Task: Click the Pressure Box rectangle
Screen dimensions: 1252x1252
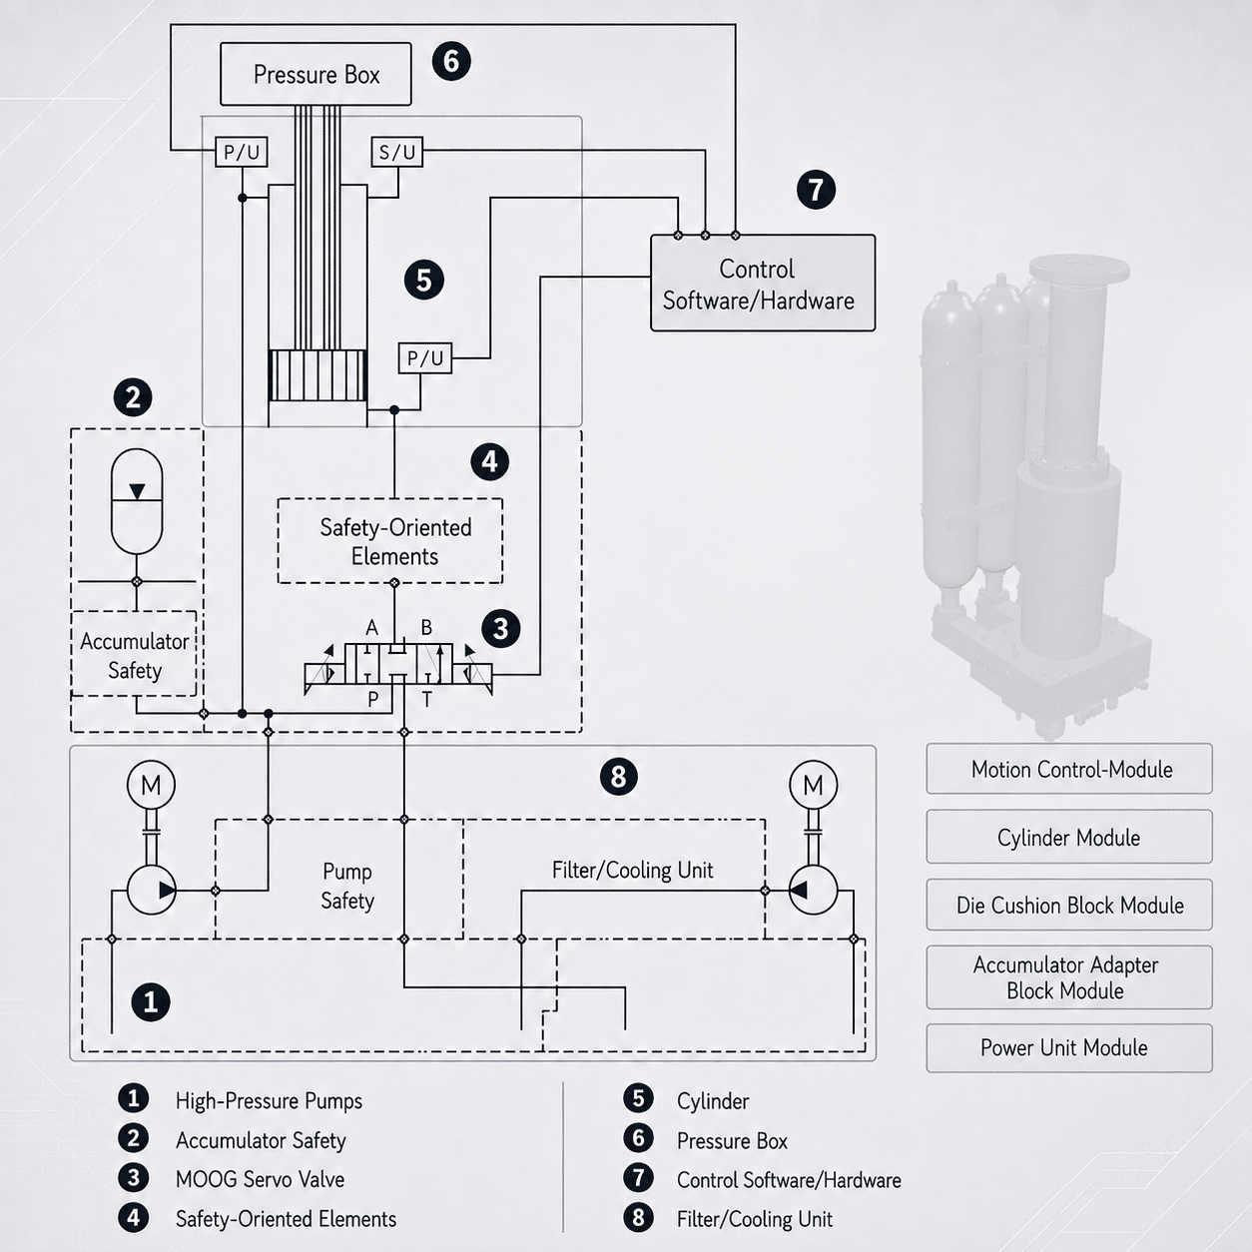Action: tap(315, 74)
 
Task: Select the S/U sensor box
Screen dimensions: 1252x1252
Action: tap(397, 152)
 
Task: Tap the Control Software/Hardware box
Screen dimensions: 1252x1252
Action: tap(763, 284)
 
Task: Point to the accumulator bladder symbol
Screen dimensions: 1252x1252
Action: tap(137, 501)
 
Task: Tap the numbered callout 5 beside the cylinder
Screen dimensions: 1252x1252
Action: tap(423, 281)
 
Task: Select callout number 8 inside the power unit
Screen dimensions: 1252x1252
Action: tap(618, 777)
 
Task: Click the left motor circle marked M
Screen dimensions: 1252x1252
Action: tap(151, 785)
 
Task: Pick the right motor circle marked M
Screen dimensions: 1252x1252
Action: tap(813, 785)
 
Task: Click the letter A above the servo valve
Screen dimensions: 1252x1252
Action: tap(371, 628)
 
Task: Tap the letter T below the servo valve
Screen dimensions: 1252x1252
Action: tap(427, 700)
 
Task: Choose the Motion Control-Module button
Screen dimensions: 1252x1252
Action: tap(1068, 769)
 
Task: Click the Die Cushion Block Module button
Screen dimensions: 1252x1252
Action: tap(1068, 905)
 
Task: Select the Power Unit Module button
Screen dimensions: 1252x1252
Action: tap(1068, 1047)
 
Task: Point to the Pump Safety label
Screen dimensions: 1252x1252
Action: tap(347, 886)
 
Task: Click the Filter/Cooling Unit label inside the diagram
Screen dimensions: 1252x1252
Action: tap(632, 870)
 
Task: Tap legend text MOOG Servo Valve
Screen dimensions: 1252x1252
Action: tap(260, 1179)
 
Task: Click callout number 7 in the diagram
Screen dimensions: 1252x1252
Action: tap(816, 190)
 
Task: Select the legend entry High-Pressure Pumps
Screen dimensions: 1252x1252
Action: tap(269, 1100)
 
